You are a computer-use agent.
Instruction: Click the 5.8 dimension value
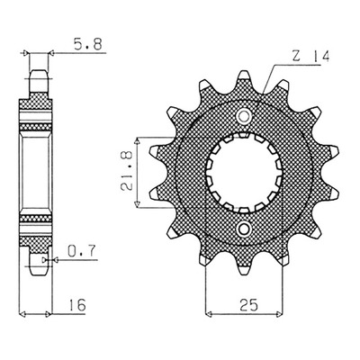[87, 44]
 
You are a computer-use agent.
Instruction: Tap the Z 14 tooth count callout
[310, 56]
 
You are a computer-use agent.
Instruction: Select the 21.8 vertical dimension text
[127, 172]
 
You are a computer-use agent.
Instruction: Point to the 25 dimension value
[248, 305]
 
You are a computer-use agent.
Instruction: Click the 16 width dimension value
[77, 304]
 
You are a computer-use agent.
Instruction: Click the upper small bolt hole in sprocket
[244, 116]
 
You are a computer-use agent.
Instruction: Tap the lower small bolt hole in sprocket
[244, 229]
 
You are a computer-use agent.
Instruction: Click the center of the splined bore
[244, 173]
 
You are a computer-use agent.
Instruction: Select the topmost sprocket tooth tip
[244, 71]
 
